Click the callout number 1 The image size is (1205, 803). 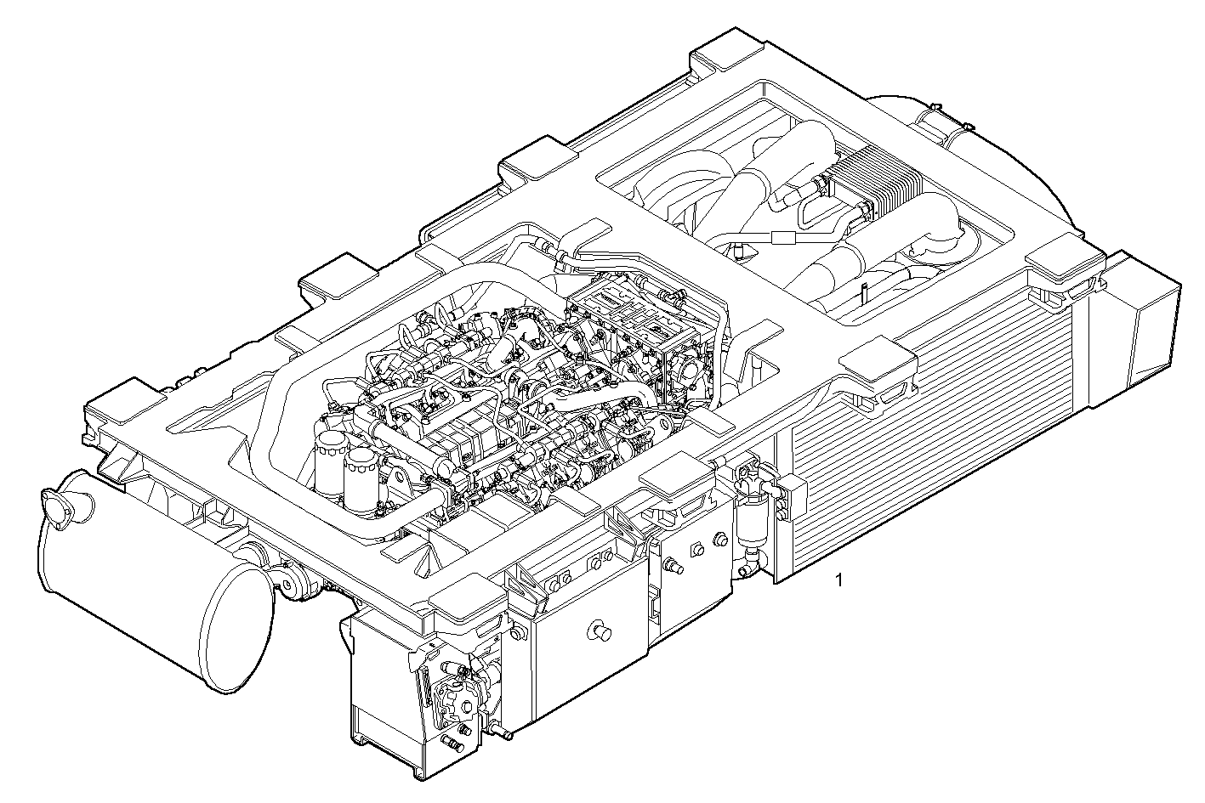pyautogui.click(x=839, y=581)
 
